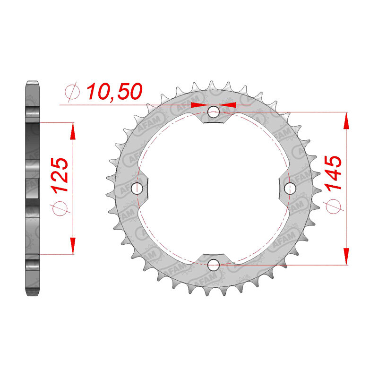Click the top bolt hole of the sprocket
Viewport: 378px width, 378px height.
coord(214,112)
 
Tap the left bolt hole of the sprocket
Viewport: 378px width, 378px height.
coord(138,189)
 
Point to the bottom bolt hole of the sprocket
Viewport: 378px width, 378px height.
coord(214,264)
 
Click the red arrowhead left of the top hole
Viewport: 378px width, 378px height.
coord(198,105)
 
